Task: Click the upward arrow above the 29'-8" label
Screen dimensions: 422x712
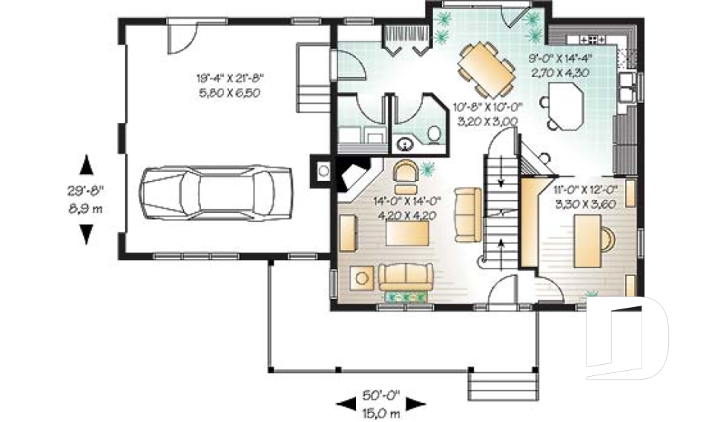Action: point(86,163)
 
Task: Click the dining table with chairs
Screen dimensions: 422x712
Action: point(486,68)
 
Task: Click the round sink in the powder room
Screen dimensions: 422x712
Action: point(406,144)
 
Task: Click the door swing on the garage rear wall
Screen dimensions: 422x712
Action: point(182,37)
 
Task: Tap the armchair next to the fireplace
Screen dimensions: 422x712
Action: point(406,171)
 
